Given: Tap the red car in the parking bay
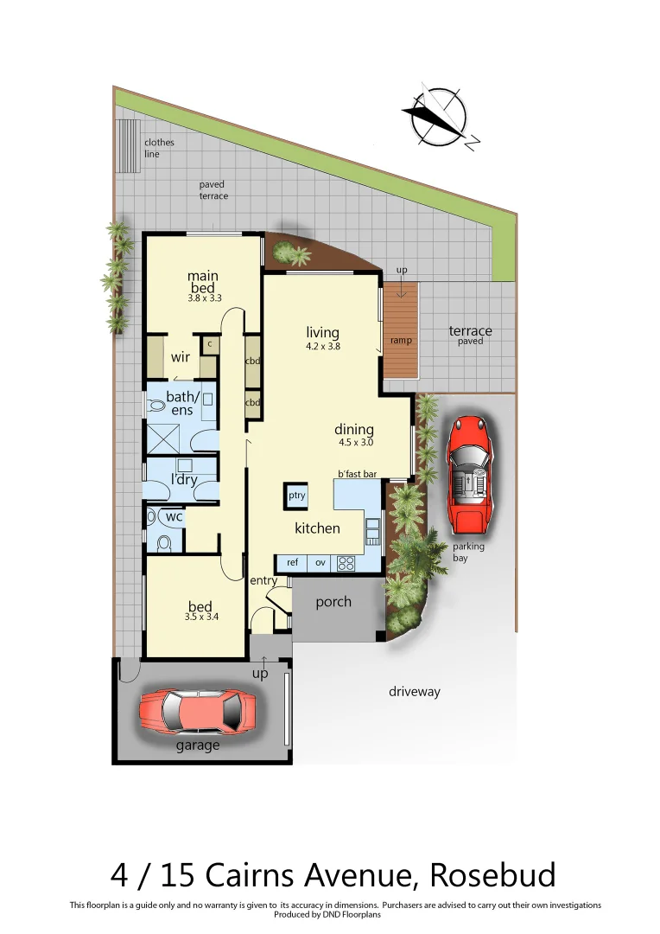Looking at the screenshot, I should [x=469, y=474].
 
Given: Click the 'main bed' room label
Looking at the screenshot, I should [x=203, y=282].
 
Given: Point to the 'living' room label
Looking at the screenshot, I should [x=322, y=333].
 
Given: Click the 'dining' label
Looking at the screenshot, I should [x=354, y=430].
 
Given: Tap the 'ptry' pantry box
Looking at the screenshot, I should [x=297, y=496].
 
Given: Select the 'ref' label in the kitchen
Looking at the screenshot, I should [x=292, y=563].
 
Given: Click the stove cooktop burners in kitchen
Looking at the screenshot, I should [x=346, y=563].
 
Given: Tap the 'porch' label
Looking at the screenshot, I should [x=333, y=602].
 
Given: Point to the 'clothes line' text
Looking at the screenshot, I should [x=159, y=148].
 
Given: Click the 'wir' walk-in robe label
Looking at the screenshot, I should [x=181, y=356].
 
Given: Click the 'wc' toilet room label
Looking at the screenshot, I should [x=175, y=517].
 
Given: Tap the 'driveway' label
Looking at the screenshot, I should [x=414, y=692].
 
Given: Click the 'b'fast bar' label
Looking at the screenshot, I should [x=358, y=474].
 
